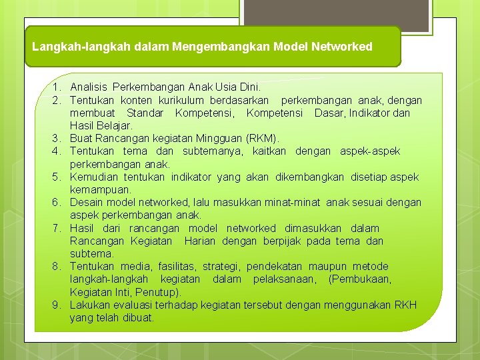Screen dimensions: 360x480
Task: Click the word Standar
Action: (x=145, y=113)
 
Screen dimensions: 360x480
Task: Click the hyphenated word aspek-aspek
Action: (x=370, y=151)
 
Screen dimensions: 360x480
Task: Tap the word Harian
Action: (x=200, y=241)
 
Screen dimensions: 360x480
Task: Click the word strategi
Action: (x=221, y=267)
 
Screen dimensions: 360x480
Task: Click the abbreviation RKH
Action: (x=405, y=305)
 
